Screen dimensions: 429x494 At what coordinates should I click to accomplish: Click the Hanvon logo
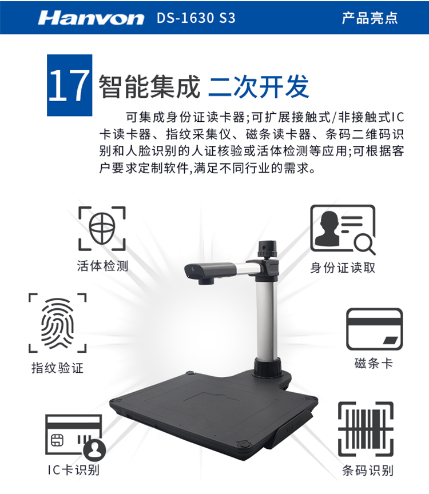[91, 18]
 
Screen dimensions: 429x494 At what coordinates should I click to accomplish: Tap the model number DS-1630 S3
[196, 18]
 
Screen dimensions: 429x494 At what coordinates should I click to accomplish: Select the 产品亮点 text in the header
[370, 18]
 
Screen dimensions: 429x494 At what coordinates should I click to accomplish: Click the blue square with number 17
[70, 85]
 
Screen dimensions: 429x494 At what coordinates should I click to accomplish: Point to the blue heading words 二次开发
[259, 86]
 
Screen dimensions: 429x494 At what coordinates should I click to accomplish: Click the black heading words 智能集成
[149, 86]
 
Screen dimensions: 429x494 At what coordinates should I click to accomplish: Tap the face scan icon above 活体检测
[102, 228]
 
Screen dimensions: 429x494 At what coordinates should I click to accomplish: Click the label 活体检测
[102, 266]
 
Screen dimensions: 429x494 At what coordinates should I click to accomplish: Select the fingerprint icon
[57, 323]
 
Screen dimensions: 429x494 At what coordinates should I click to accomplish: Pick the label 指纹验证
[57, 368]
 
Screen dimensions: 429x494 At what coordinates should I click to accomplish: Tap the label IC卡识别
[73, 470]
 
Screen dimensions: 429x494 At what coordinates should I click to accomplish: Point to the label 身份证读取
[343, 268]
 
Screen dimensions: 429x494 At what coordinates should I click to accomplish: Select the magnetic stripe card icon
[375, 329]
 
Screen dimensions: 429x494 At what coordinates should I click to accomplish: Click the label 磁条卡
[374, 363]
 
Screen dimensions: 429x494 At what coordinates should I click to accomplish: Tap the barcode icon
[366, 429]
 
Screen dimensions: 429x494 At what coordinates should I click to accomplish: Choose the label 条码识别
[368, 471]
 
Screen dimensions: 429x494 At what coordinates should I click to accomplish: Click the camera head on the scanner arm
[209, 273]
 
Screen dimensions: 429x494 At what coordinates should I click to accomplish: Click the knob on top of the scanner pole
[267, 249]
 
